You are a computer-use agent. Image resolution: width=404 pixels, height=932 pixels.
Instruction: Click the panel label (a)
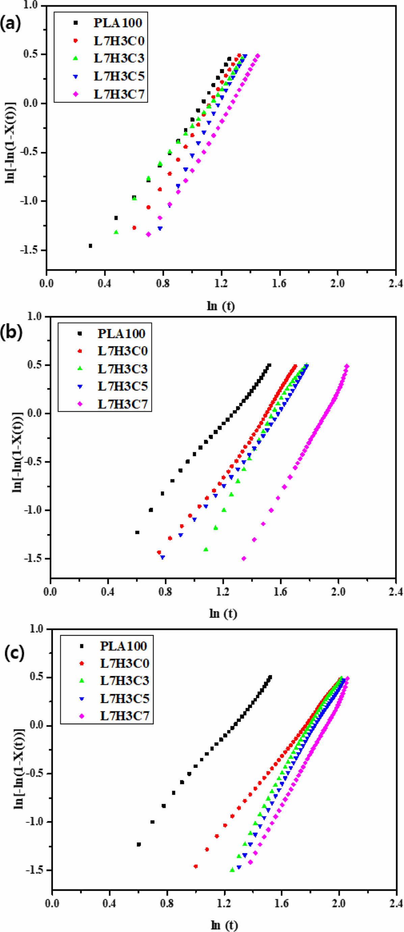click(x=10, y=24)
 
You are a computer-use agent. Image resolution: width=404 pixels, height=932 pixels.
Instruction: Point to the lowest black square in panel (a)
click(x=90, y=246)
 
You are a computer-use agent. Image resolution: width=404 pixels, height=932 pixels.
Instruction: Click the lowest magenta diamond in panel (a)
click(x=148, y=234)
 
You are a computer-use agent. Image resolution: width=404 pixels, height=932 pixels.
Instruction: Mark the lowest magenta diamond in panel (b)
click(x=244, y=558)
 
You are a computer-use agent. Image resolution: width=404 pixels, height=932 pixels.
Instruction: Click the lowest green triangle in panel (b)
click(x=206, y=549)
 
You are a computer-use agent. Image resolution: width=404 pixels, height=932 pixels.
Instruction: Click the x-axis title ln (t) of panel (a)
click(x=221, y=306)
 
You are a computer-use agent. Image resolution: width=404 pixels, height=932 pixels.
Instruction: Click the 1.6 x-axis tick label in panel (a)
click(x=279, y=283)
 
